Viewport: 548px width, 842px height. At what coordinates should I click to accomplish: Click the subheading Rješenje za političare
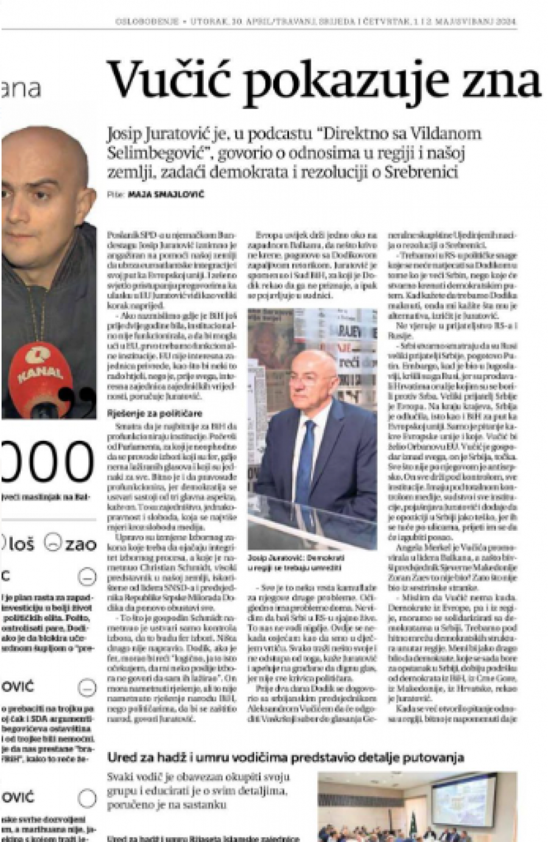[155, 413]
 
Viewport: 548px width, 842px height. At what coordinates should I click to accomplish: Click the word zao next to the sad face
[81, 544]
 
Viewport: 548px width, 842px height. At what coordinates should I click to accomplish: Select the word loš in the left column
[21, 544]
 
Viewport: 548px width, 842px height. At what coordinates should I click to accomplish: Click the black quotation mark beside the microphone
[85, 396]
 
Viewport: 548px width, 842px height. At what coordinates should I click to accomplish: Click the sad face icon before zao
[54, 543]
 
